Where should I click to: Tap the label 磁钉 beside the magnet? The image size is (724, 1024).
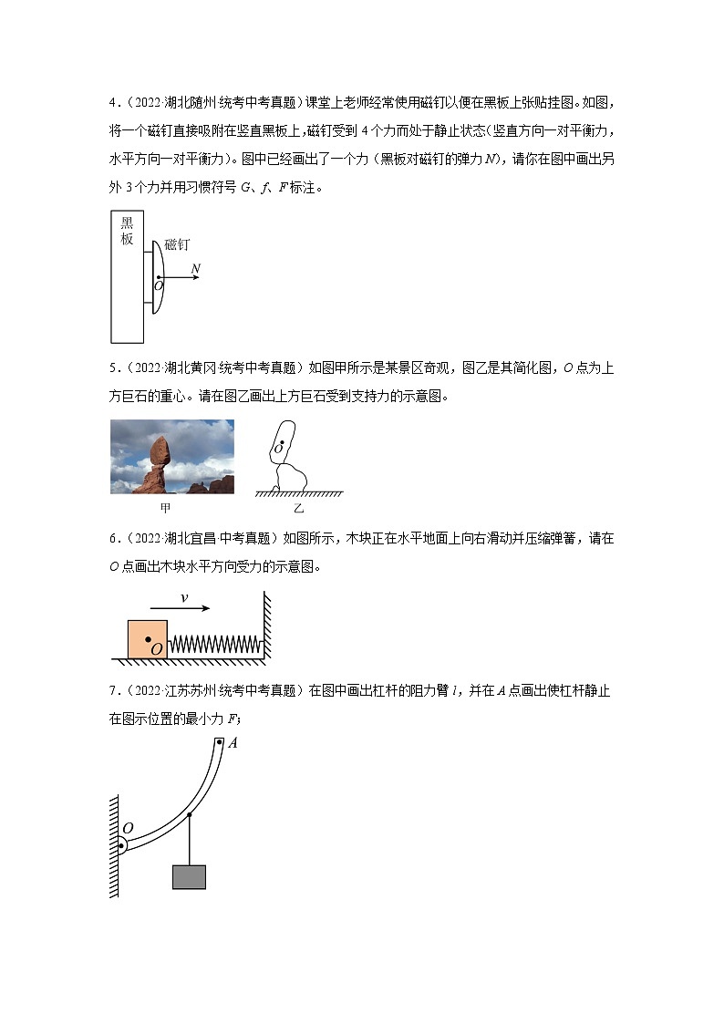(177, 245)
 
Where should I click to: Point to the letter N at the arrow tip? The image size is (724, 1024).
(195, 268)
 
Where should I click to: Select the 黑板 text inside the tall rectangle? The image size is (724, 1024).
(127, 232)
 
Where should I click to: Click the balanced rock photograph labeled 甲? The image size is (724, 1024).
(171, 456)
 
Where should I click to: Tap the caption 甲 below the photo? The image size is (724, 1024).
(165, 506)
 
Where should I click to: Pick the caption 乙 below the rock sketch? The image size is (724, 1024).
(299, 507)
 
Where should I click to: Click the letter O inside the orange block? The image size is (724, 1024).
(157, 648)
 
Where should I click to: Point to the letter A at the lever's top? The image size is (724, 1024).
(233, 743)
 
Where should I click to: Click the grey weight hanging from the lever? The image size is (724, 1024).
(189, 876)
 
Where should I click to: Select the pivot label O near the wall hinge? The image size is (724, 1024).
(128, 828)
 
